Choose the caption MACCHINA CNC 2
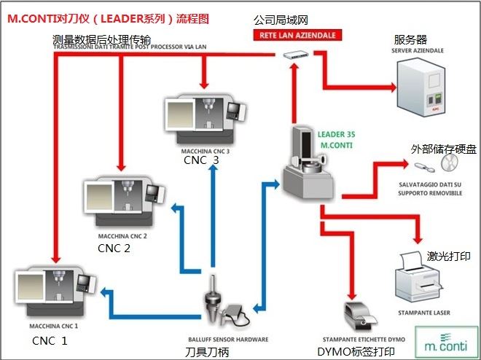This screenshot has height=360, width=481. pyautogui.click(x=122, y=237)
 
